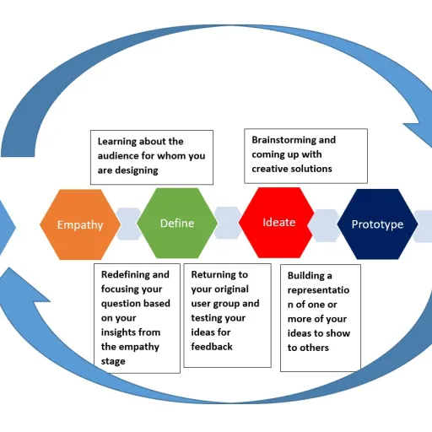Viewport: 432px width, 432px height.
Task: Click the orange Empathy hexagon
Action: (79, 224)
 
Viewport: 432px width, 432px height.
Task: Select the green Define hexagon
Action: (177, 224)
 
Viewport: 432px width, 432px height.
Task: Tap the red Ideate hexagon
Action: (278, 222)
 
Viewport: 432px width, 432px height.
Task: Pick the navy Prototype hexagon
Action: (377, 224)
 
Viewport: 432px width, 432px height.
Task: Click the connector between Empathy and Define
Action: (128, 224)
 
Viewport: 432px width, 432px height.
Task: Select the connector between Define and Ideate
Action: (227, 222)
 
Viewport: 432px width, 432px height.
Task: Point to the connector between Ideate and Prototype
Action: (326, 224)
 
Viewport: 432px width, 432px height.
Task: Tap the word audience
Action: (121, 156)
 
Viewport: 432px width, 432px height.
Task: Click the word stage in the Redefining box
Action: (113, 361)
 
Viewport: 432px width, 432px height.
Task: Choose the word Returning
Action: (219, 275)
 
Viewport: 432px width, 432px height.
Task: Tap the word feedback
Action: (212, 347)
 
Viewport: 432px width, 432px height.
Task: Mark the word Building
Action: (309, 276)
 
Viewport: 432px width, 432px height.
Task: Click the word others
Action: (314, 348)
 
